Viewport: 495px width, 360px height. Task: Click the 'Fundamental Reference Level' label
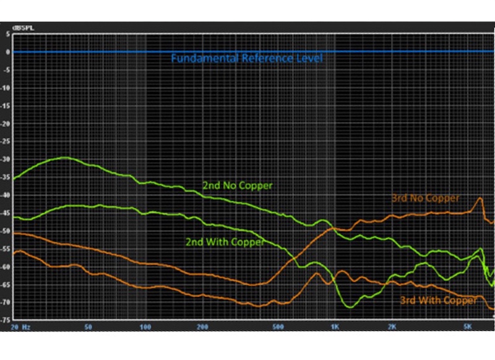pos(247,58)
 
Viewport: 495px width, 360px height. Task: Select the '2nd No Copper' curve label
pos(237,185)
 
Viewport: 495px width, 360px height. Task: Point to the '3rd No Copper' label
pos(425,199)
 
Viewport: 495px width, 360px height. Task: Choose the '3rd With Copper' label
pos(438,300)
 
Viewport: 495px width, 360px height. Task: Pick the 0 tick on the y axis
pos(7,52)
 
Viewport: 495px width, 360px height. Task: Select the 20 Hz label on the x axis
pos(20,326)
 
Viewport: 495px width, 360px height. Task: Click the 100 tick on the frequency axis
pos(146,326)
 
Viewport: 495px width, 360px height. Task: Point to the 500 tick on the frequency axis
pos(278,326)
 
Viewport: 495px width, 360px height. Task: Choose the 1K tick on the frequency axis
pos(335,326)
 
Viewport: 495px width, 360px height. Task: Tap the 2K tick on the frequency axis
pos(392,326)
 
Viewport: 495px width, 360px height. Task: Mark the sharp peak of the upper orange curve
pos(480,199)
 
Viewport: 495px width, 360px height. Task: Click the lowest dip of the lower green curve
pos(351,306)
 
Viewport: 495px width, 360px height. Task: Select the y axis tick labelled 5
pos(7,34)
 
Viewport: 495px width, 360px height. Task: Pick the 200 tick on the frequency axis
pos(202,326)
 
